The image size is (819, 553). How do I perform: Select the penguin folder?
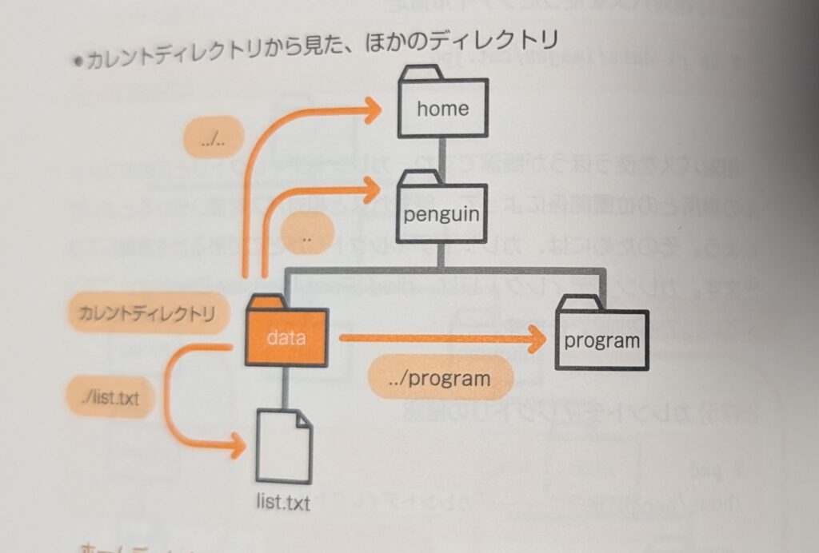click(442, 209)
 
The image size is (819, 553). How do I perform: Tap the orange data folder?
click(286, 333)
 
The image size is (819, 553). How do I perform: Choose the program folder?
click(602, 335)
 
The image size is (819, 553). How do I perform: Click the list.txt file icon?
click(284, 447)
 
